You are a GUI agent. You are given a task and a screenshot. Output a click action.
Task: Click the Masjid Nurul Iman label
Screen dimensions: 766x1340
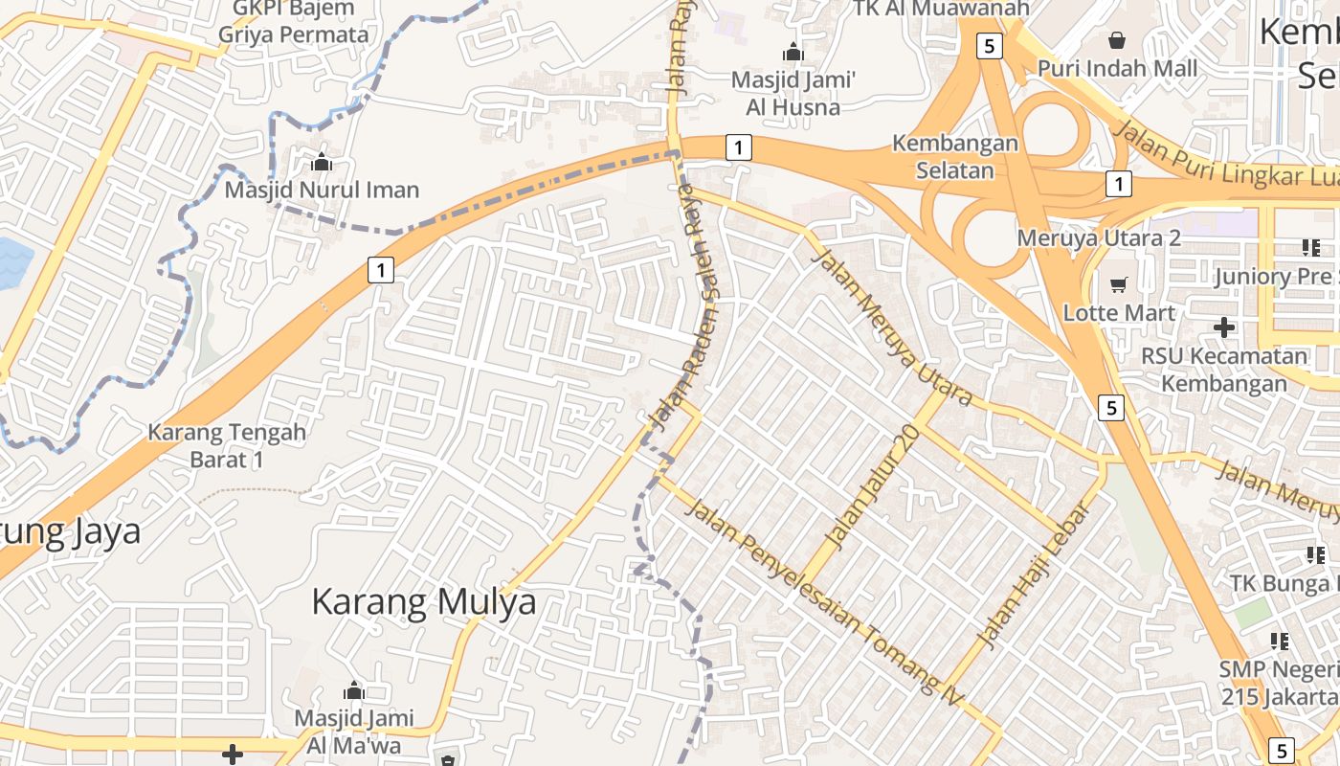click(x=322, y=190)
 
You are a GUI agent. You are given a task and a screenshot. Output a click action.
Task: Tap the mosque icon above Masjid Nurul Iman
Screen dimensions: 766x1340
click(x=322, y=162)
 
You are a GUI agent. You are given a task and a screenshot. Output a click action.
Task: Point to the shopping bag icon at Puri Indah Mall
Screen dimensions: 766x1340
click(x=1116, y=40)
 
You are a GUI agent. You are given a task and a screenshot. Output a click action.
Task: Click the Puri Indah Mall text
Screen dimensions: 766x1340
click(x=1117, y=69)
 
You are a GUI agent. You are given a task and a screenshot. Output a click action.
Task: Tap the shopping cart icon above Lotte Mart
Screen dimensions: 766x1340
click(x=1118, y=284)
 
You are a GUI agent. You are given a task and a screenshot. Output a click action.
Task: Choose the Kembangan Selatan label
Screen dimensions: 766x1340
click(x=955, y=157)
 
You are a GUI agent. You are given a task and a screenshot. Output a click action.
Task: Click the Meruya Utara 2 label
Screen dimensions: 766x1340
click(x=1099, y=237)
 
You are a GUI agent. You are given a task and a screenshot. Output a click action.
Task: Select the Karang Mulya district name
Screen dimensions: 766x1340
click(x=424, y=602)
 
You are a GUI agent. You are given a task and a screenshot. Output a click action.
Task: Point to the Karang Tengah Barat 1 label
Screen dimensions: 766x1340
click(x=227, y=445)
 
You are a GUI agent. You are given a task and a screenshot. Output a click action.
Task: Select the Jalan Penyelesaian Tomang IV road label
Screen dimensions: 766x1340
click(x=824, y=597)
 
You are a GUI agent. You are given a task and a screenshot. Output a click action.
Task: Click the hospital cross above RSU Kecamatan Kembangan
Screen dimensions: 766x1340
click(x=1223, y=327)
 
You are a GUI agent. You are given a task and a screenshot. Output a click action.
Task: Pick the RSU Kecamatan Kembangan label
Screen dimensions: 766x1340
click(x=1224, y=370)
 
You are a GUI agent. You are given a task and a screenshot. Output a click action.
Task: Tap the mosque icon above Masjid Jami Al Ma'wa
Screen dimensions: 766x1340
click(x=353, y=690)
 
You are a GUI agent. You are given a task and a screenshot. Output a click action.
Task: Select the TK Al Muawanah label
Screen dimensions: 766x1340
click(x=942, y=9)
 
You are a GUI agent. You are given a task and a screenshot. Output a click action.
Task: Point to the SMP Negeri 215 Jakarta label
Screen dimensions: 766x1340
click(x=1279, y=682)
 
